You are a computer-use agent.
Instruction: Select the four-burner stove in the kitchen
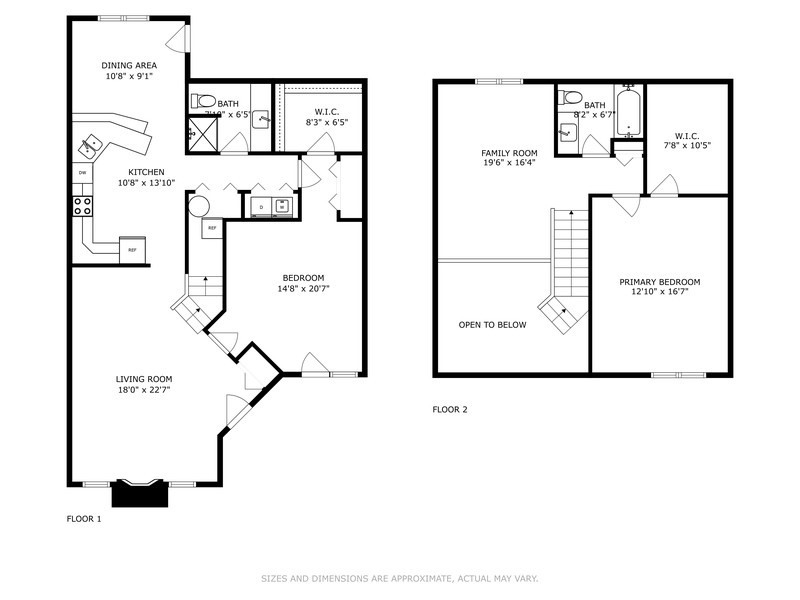coord(81,206)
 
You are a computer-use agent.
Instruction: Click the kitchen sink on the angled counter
coord(91,144)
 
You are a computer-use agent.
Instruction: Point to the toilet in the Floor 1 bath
coord(203,101)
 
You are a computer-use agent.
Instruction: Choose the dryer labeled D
coord(262,207)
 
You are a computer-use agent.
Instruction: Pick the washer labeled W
coord(282,207)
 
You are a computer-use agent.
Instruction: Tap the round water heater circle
coord(198,207)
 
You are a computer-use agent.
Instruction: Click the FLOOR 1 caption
coord(84,519)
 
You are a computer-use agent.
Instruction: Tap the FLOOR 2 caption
coord(450,409)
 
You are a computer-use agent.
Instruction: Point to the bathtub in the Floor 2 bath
coord(628,114)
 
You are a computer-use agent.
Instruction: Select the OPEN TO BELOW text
coord(492,325)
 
